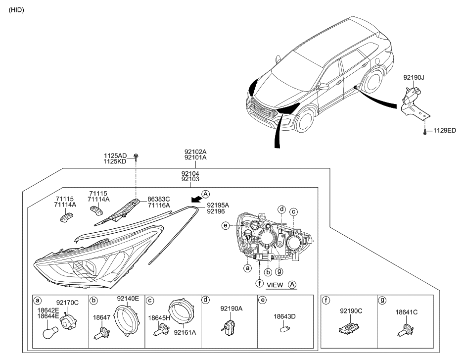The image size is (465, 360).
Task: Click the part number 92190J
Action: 414,78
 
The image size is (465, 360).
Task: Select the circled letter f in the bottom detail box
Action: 326,300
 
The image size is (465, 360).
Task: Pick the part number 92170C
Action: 68,302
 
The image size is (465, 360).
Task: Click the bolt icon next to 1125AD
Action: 137,157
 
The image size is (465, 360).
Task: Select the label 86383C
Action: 159,199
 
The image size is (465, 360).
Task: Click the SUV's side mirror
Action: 324,87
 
